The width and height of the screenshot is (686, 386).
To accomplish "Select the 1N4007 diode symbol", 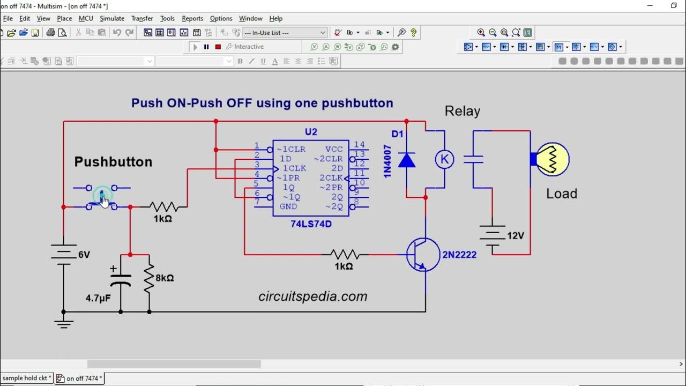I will (x=407, y=160).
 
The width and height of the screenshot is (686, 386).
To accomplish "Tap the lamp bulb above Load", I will (x=552, y=159).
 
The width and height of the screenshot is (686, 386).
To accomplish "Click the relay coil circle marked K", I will (x=444, y=159).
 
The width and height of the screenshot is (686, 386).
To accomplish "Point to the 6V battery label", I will (x=84, y=255).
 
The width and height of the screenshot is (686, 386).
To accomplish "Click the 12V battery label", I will (x=515, y=235).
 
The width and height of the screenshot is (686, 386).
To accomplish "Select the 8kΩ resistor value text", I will (x=165, y=278).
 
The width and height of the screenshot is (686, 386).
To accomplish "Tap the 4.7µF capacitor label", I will (x=98, y=298).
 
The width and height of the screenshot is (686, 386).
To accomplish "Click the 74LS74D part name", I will (x=311, y=224).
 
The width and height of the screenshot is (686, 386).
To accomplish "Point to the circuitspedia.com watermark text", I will (x=313, y=296).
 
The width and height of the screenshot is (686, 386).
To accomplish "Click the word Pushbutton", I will (x=113, y=162).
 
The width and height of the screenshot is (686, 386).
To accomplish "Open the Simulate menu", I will (x=112, y=18).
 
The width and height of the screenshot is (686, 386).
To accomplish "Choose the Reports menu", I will (x=192, y=18).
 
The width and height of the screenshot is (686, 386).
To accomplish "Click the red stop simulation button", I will (x=218, y=47).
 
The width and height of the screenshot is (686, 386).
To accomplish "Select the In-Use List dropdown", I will (x=285, y=33).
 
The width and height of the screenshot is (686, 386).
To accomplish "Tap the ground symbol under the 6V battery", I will (x=63, y=323).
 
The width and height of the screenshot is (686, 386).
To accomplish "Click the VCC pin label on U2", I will (x=334, y=150).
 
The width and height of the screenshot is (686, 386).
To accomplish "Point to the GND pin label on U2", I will (x=288, y=206).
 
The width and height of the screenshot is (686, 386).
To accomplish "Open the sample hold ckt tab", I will (x=26, y=378).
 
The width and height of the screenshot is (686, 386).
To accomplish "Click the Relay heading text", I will (x=462, y=112).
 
